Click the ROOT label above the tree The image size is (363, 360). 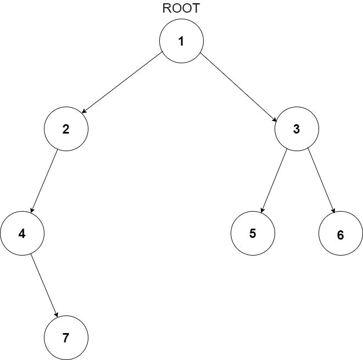pos(181,9)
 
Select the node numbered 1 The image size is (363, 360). pos(181,41)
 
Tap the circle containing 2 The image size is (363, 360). pos(66,129)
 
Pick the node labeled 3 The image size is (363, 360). pos(297,129)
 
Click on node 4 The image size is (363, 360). pos(22,234)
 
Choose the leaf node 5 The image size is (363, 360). pos(253,233)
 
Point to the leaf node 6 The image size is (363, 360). pos(340,235)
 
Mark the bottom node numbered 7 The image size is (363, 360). pos(66,337)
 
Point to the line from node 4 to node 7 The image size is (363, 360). pos(44,286)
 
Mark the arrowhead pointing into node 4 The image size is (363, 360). pos(32,211)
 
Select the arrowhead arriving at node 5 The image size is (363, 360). pos(263,211)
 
